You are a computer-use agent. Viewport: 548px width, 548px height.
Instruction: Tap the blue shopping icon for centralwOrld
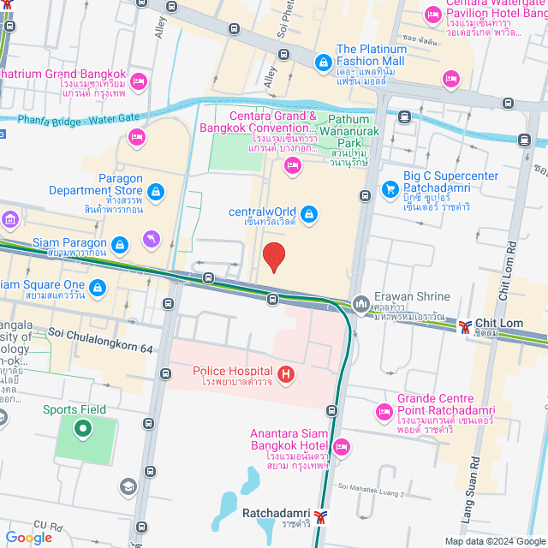pos(309,214)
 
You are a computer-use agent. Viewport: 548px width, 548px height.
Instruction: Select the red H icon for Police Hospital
pos(287,373)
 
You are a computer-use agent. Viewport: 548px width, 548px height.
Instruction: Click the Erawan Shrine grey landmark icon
pos(360,303)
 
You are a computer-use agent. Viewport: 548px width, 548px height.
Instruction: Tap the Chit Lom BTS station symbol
pos(465,325)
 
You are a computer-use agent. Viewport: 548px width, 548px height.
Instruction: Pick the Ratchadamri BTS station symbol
pos(320,515)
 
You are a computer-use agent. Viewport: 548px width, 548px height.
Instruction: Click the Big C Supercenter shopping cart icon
pos(390,188)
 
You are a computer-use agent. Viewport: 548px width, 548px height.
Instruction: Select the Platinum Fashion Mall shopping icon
pos(323,63)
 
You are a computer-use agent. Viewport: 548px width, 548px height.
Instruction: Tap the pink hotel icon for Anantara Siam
pos(342,446)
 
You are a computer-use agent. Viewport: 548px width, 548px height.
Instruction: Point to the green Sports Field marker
pos(83,428)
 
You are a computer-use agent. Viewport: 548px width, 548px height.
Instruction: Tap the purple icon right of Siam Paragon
pos(152,238)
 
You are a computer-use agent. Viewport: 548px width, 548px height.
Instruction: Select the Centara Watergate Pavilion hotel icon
pos(432,15)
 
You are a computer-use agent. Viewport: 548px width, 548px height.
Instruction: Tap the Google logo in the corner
pos(28,537)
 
